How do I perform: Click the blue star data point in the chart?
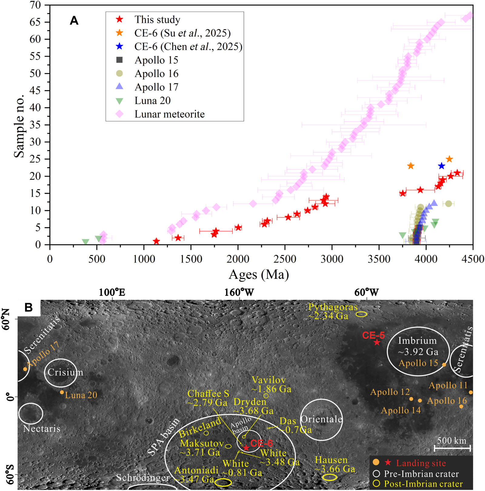point(441,166)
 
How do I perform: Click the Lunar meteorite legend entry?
point(160,114)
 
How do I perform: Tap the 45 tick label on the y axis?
point(35,90)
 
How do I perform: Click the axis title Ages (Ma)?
point(259,275)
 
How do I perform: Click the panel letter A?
point(74,21)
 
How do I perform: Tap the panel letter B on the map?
point(28,307)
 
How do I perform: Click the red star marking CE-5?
point(377,342)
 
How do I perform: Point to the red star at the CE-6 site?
point(246,448)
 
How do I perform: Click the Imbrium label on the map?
point(417,341)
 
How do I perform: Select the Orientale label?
point(321,419)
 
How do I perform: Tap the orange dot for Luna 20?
point(62,392)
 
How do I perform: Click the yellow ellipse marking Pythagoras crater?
point(361,314)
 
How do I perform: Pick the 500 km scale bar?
point(452,448)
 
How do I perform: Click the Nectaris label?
point(42,429)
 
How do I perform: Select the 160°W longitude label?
point(239,292)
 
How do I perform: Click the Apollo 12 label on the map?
point(390,392)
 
